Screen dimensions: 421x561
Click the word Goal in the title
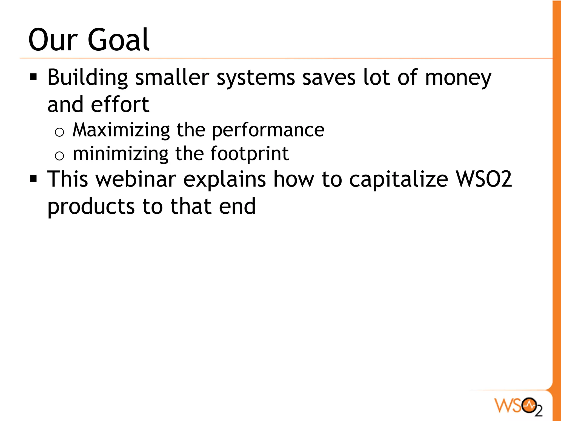pyautogui.click(x=118, y=40)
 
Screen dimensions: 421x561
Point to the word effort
pyautogui.click(x=120, y=105)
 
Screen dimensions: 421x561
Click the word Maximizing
pyautogui.click(x=121, y=130)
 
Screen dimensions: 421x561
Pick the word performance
pyautogui.click(x=268, y=130)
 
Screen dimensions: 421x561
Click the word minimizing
pyautogui.click(x=120, y=154)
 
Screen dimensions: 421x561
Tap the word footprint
pyautogui.click(x=249, y=154)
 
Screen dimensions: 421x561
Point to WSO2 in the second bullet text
pyautogui.click(x=484, y=179)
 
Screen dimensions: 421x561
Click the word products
pyautogui.click(x=91, y=207)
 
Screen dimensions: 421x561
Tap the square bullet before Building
pyautogui.click(x=33, y=77)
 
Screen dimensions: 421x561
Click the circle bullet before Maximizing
pyautogui.click(x=59, y=133)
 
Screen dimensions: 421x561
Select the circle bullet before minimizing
pyautogui.click(x=59, y=156)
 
